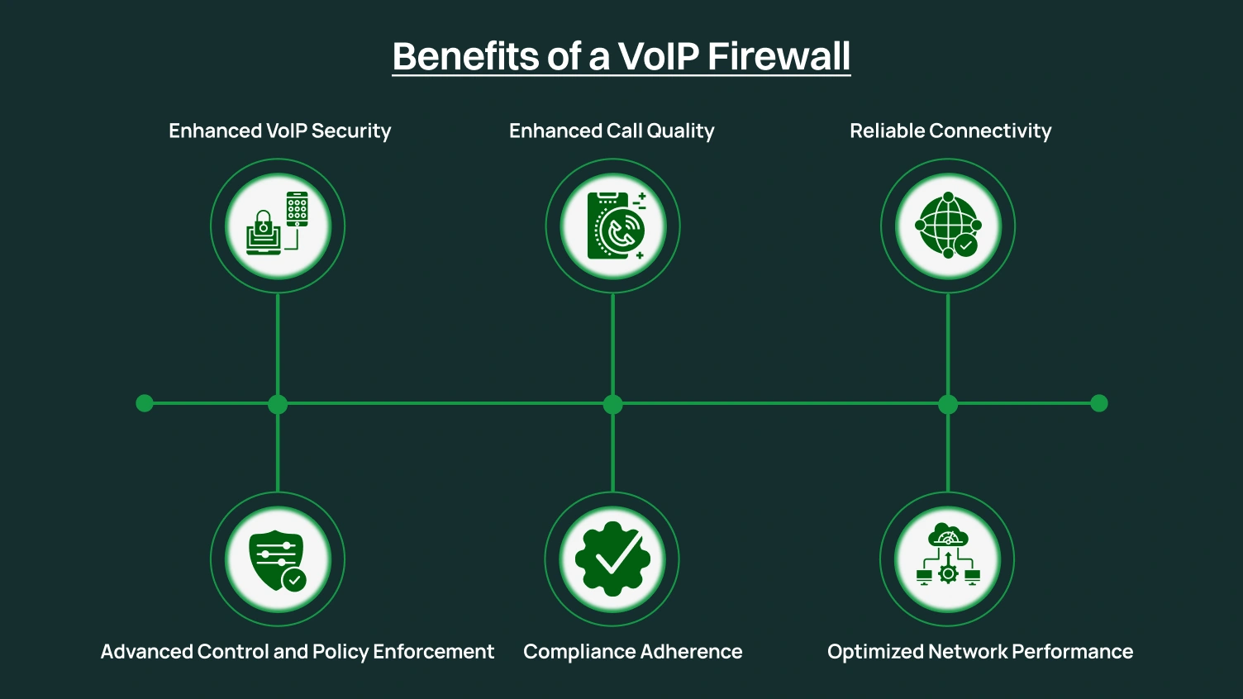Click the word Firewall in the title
[779, 56]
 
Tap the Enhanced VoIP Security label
[279, 131]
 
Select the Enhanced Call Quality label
[612, 131]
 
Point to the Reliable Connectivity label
[950, 131]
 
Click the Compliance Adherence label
[633, 652]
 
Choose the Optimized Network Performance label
[980, 652]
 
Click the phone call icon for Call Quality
[613, 226]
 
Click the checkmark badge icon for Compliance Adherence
[612, 559]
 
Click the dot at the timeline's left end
[145, 403]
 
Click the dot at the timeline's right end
[1099, 403]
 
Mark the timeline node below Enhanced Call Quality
[612, 404]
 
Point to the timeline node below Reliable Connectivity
[948, 404]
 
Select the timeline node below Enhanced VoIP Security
[278, 404]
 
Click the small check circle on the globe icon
[965, 245]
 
